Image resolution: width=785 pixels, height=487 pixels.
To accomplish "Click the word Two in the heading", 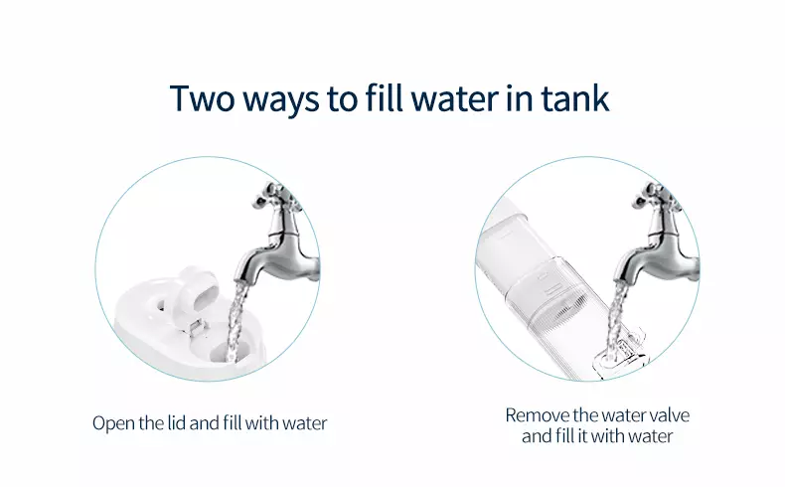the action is (203, 98).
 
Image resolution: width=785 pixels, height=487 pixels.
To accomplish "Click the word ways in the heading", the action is (281, 101).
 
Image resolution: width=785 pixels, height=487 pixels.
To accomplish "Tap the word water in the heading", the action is (454, 99).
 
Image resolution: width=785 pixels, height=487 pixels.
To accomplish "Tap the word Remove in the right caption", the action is (538, 415).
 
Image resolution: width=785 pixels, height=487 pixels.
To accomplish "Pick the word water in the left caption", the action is (304, 423).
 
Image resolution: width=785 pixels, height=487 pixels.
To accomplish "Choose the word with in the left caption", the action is (262, 423).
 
